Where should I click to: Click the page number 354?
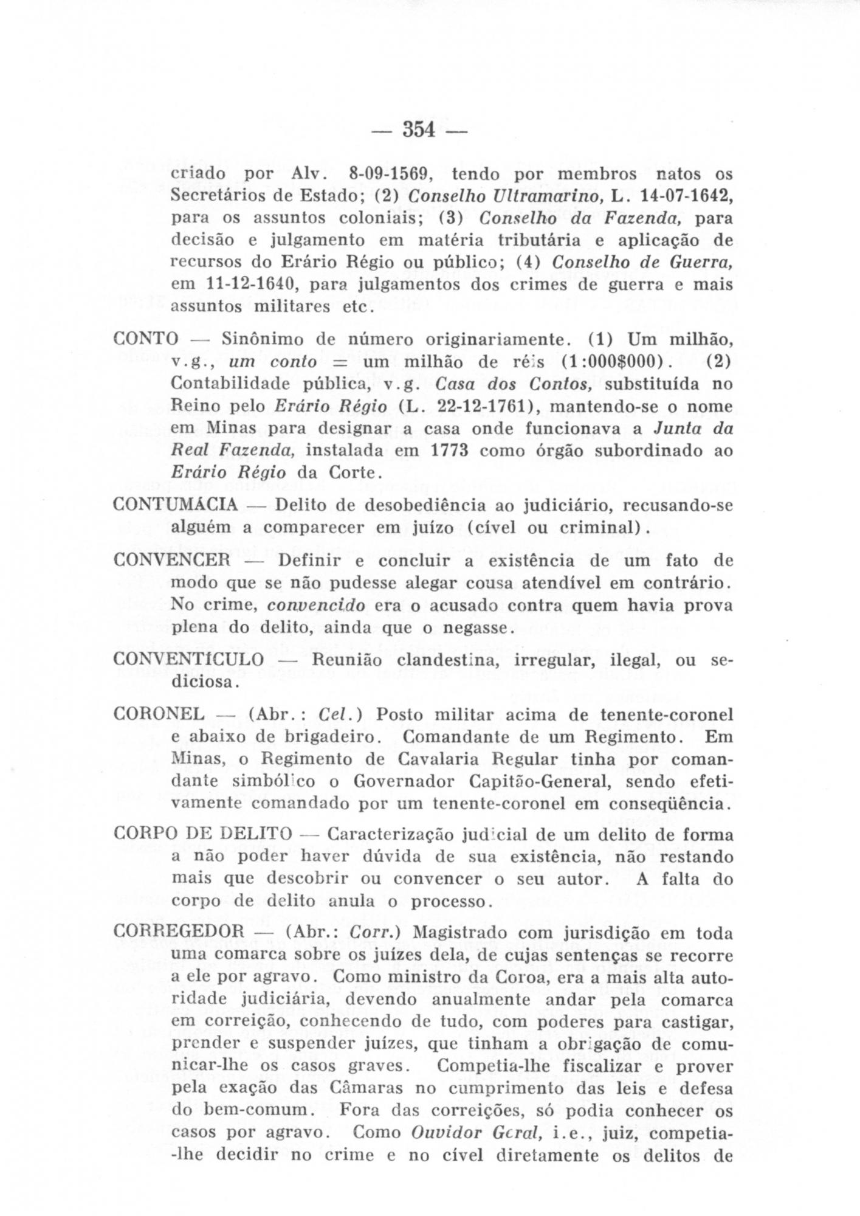[419, 130]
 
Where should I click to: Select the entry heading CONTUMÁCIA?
[176, 505]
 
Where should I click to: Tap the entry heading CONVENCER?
[172, 560]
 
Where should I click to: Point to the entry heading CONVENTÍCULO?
[188, 660]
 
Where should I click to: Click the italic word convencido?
[316, 606]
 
